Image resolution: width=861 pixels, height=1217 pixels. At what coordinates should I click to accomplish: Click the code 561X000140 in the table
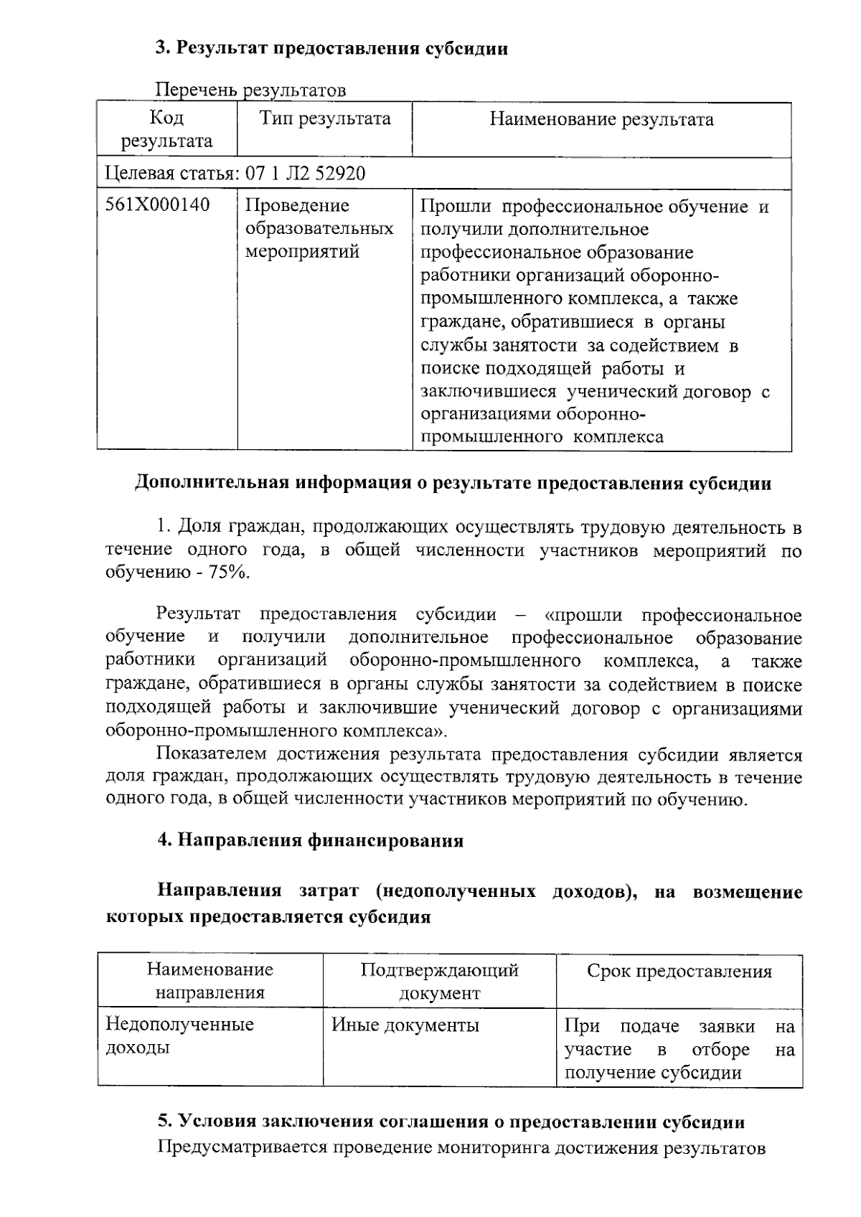click(158, 206)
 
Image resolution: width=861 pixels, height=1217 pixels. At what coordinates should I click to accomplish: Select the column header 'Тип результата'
click(325, 119)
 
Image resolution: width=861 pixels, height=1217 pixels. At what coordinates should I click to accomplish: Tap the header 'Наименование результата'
click(601, 119)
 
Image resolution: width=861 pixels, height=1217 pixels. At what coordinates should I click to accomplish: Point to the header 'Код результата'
click(166, 129)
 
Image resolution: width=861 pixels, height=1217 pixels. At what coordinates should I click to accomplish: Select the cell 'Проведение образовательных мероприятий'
click(319, 229)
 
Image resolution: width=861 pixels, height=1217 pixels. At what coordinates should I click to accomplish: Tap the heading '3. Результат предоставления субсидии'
click(332, 49)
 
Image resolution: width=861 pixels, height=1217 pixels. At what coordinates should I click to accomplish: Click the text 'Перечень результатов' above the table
click(251, 90)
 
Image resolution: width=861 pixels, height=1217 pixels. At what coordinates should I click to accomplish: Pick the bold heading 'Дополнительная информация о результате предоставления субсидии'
click(453, 483)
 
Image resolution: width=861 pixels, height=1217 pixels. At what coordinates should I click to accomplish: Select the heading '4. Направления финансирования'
click(310, 840)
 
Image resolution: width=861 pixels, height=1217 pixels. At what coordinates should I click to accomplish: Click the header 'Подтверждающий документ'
click(439, 982)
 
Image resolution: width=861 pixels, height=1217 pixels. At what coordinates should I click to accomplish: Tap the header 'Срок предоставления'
click(679, 972)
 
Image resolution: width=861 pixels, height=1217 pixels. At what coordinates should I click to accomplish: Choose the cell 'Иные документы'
click(405, 1025)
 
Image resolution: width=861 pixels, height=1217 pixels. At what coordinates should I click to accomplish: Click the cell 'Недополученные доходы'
click(179, 1035)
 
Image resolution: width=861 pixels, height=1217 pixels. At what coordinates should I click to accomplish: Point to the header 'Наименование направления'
click(210, 982)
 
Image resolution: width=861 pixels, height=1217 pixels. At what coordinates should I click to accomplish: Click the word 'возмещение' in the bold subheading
click(747, 893)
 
